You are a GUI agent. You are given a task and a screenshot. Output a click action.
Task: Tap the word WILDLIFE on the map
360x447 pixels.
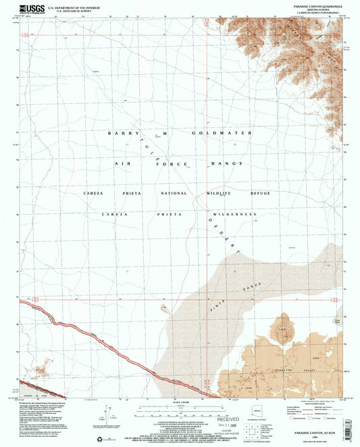(x=218, y=194)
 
